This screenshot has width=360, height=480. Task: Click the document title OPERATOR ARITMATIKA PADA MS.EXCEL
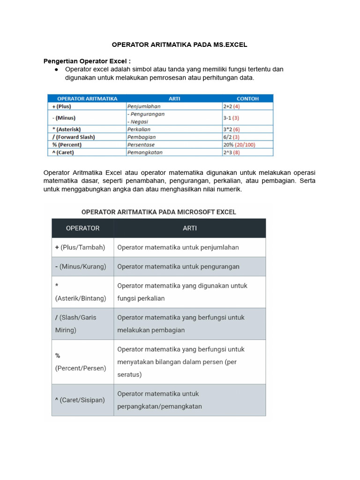pyautogui.click(x=179, y=45)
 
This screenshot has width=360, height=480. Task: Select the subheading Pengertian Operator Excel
pyautogui.click(x=87, y=61)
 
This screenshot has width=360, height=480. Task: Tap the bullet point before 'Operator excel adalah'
pyautogui.click(x=56, y=69)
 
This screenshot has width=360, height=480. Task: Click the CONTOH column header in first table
pyautogui.click(x=247, y=98)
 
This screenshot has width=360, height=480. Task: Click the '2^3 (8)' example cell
pyautogui.click(x=232, y=152)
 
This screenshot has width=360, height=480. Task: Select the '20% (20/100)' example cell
pyautogui.click(x=239, y=145)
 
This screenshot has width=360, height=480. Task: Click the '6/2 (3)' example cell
pyautogui.click(x=232, y=137)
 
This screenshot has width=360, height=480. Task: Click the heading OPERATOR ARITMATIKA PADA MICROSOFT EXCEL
pyautogui.click(x=159, y=212)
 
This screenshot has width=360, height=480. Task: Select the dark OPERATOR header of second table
pyautogui.click(x=82, y=228)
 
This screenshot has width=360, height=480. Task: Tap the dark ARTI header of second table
pyautogui.click(x=189, y=228)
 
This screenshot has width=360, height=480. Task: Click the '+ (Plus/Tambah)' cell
pyautogui.click(x=80, y=247)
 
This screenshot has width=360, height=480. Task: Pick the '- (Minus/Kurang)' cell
pyautogui.click(x=81, y=266)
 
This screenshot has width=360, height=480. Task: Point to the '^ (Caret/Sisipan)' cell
pyautogui.click(x=80, y=400)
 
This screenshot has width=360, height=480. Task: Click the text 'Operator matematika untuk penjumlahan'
pyautogui.click(x=178, y=247)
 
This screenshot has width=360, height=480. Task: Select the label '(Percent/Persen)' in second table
pyautogui.click(x=81, y=368)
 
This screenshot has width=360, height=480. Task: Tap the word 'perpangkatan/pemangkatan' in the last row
pyautogui.click(x=159, y=406)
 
